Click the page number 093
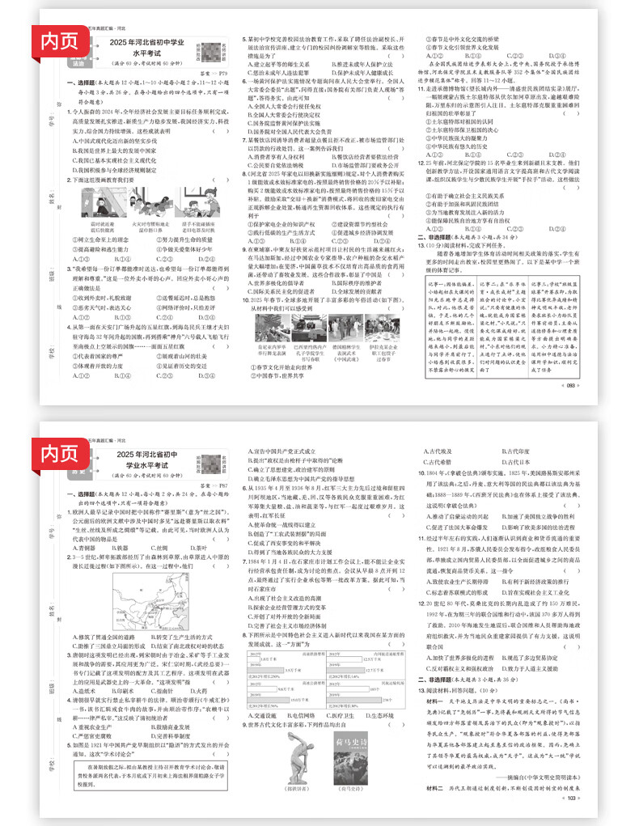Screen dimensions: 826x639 point(570,385)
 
